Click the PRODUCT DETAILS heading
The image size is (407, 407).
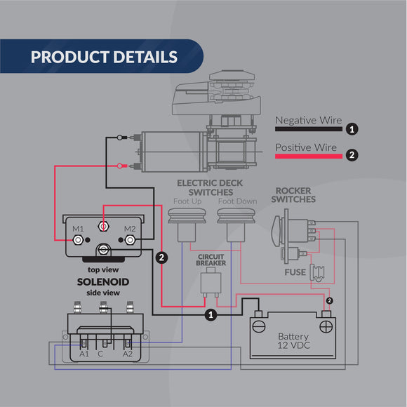point(104,57)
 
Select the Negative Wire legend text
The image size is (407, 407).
point(308,121)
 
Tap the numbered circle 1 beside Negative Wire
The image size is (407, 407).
point(352,129)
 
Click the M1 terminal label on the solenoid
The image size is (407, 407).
point(78,229)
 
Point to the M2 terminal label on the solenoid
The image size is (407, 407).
point(129,229)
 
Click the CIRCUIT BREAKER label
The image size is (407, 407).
point(211,260)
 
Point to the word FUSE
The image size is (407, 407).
point(294,272)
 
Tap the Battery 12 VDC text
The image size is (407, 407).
point(293,342)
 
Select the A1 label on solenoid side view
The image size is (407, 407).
point(84,353)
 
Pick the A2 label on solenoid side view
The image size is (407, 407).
point(127,353)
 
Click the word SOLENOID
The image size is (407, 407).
point(104,281)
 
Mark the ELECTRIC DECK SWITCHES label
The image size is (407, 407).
point(205,187)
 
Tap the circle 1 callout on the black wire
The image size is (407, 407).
point(211,316)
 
